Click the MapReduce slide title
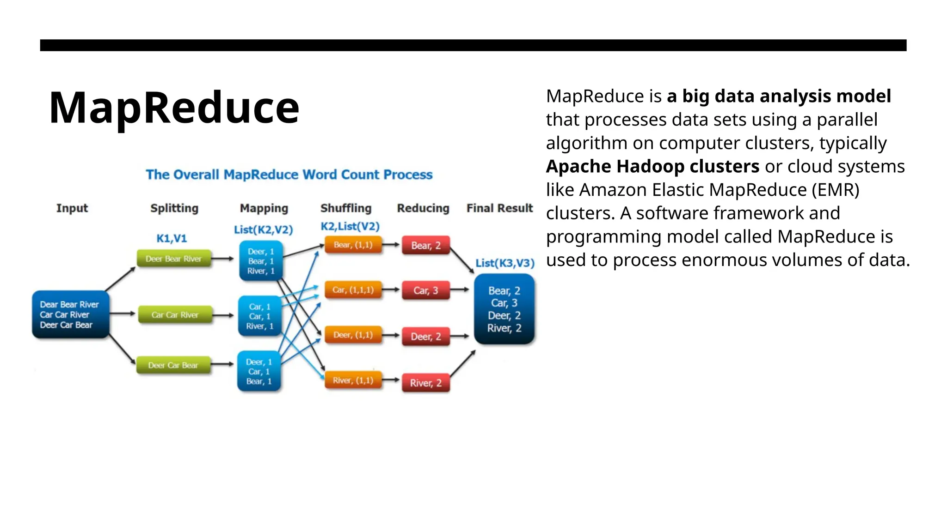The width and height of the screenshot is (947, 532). point(174,108)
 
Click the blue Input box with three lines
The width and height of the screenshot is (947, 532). point(70,314)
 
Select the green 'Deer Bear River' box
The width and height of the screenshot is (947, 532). point(174,259)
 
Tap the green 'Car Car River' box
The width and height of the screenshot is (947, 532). point(175,315)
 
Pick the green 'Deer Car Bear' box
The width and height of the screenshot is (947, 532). point(173,365)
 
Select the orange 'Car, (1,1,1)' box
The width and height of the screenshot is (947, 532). point(353,290)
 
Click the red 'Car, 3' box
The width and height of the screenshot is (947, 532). point(425,290)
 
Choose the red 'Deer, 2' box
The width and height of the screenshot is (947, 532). point(425,337)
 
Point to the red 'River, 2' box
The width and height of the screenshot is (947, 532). point(425,383)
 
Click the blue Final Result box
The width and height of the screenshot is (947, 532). point(504,309)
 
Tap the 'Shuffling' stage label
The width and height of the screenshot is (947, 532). point(346,208)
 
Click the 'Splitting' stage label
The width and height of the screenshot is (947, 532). point(174,208)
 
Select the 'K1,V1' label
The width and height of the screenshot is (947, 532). point(172,238)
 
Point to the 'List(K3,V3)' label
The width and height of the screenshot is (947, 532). point(505,263)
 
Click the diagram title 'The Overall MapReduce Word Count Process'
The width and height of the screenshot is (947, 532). point(289,175)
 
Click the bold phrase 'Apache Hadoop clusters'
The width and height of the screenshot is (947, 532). point(652,166)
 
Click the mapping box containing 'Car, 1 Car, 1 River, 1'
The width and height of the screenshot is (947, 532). point(259,316)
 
